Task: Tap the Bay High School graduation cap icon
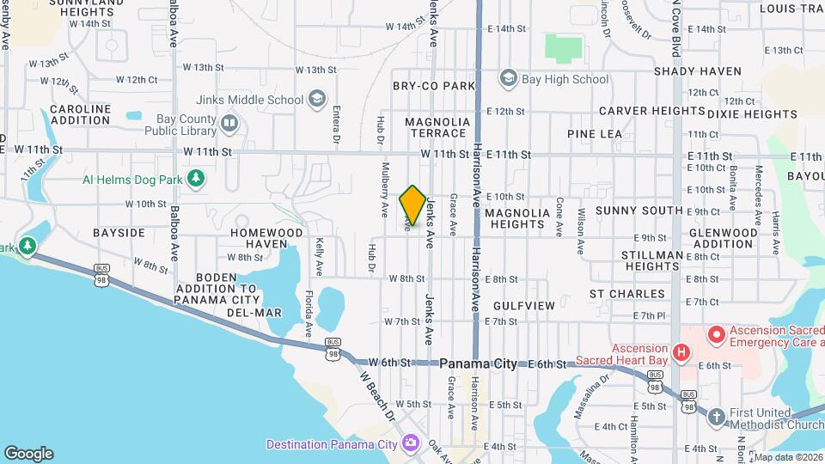click(x=508, y=79)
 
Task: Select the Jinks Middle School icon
click(x=316, y=100)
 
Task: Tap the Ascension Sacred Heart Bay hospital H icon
click(x=681, y=352)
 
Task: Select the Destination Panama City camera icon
click(x=411, y=443)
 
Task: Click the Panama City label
click(x=478, y=364)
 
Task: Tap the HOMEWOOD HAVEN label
click(x=266, y=238)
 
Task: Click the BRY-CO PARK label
click(x=434, y=86)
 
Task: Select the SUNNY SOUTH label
click(x=639, y=211)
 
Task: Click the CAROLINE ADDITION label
click(x=81, y=115)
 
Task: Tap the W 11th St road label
click(x=207, y=151)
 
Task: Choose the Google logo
click(x=28, y=454)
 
